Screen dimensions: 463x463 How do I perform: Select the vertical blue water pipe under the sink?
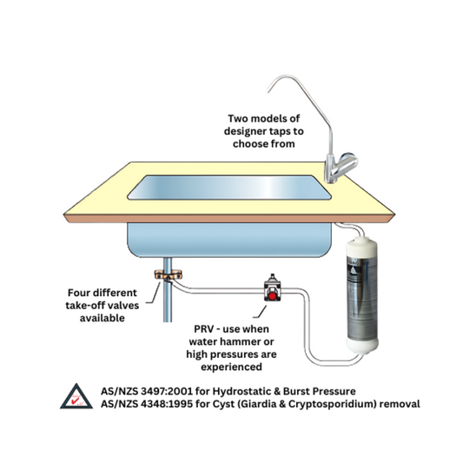point(168,304)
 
